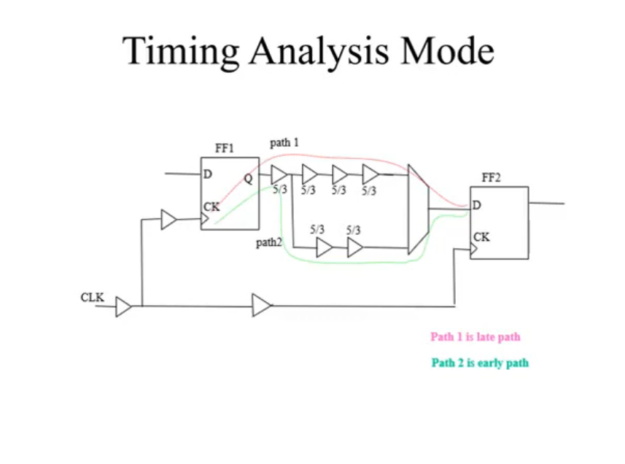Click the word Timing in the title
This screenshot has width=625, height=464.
[x=181, y=52]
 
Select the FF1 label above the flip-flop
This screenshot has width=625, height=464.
[x=225, y=148]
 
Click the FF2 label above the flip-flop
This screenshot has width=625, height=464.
[x=491, y=177]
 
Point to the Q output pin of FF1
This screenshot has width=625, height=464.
[x=249, y=179]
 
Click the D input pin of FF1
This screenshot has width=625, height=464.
[x=208, y=174]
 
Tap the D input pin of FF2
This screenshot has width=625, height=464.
[x=477, y=205]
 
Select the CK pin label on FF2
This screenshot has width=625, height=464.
[x=481, y=237]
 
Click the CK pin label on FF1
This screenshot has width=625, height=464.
[x=211, y=207]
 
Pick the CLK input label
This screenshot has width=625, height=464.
[x=92, y=298]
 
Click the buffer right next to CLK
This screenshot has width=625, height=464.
[x=123, y=306]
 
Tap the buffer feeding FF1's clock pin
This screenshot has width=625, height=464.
[x=169, y=220]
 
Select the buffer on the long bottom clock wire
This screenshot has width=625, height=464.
[x=262, y=306]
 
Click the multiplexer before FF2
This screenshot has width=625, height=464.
[x=419, y=209]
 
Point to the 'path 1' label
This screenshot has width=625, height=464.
[x=284, y=143]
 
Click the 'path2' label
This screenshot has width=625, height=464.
[x=268, y=242]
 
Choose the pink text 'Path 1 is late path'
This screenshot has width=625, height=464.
[x=475, y=337]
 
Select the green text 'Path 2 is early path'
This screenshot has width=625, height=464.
[x=481, y=363]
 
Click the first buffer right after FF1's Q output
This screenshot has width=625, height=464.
[x=279, y=174]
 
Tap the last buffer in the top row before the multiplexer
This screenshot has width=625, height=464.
[x=370, y=174]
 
